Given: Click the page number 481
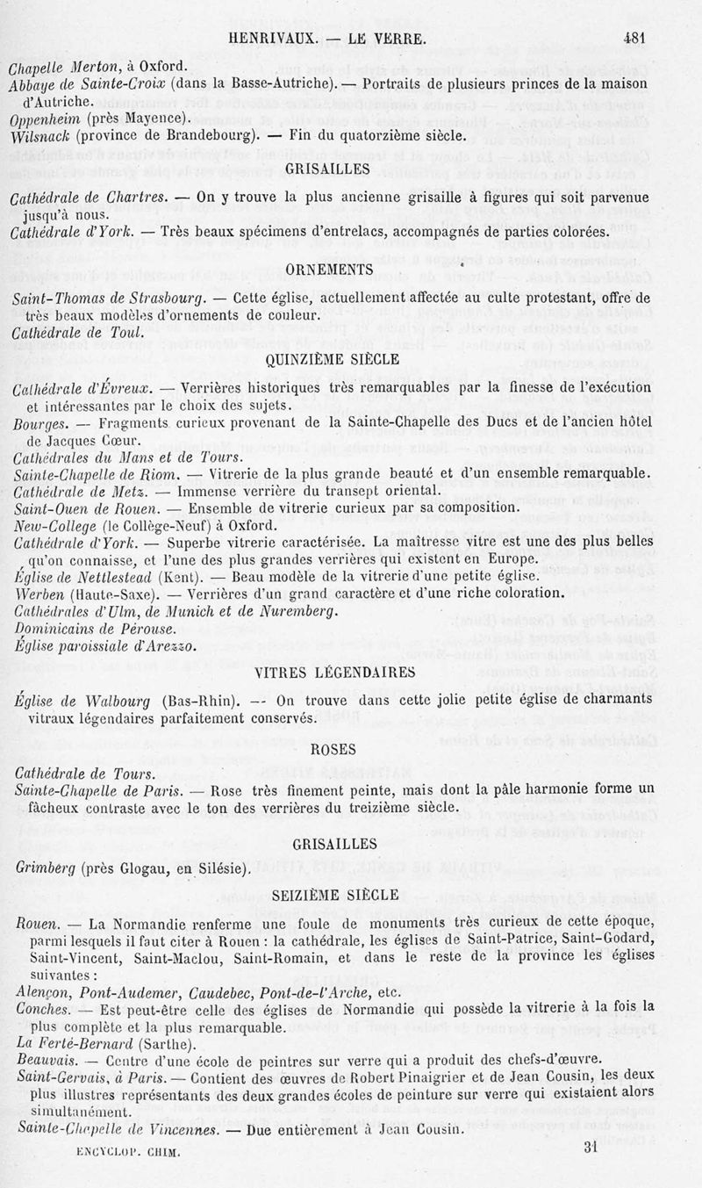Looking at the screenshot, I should (634, 38).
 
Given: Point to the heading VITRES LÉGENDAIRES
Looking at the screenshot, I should (333, 673).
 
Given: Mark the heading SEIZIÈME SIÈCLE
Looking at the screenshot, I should (335, 895).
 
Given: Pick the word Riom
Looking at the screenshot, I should (159, 475).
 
